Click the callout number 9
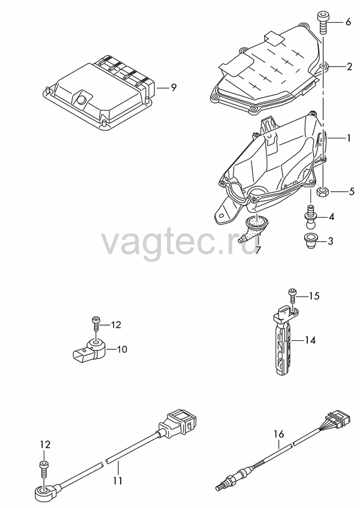(x=174, y=88)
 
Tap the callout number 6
(x=348, y=22)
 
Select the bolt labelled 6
(x=323, y=22)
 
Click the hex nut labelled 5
(x=323, y=192)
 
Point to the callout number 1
(x=349, y=138)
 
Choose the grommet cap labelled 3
(x=310, y=241)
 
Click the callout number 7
(x=258, y=250)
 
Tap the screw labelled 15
(x=293, y=297)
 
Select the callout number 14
(x=310, y=340)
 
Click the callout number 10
(x=122, y=349)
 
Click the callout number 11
(x=118, y=480)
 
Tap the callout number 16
(x=279, y=434)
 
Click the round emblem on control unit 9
(x=82, y=99)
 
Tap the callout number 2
(x=349, y=67)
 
